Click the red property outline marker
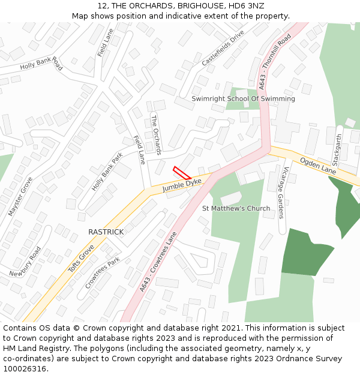182,173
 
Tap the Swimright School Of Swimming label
243,98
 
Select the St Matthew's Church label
236,209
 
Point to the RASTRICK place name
106,232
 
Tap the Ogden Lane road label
318,165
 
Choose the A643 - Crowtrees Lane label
160,262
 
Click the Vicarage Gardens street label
281,192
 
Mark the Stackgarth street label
337,150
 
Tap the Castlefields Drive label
223,47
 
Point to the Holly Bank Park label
107,172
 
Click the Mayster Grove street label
20,196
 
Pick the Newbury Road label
26,262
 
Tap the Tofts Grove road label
81,259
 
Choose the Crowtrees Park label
103,273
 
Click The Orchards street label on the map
156,135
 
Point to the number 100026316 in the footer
25,368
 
